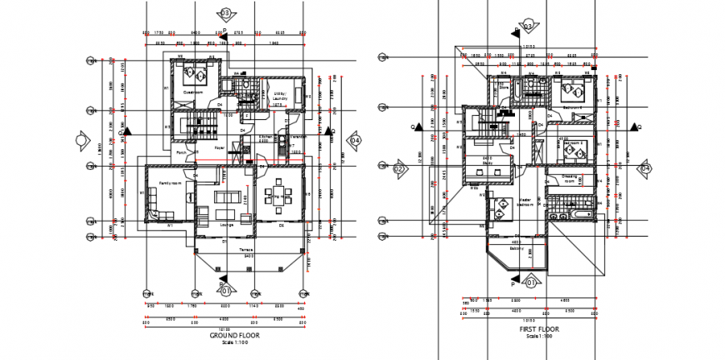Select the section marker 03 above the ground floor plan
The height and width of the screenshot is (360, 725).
tap(224, 13)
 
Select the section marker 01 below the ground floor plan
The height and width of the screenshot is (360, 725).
tap(224, 290)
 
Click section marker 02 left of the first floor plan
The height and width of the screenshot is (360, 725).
tap(398, 169)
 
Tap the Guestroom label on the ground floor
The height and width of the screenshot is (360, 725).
tap(194, 92)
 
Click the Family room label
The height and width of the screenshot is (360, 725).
tap(172, 183)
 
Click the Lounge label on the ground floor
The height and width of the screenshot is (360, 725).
tap(225, 224)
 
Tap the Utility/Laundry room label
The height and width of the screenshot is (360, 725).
tap(279, 97)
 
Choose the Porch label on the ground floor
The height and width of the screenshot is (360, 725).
tap(181, 152)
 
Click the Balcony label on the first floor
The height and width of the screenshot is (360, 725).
tap(517, 248)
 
